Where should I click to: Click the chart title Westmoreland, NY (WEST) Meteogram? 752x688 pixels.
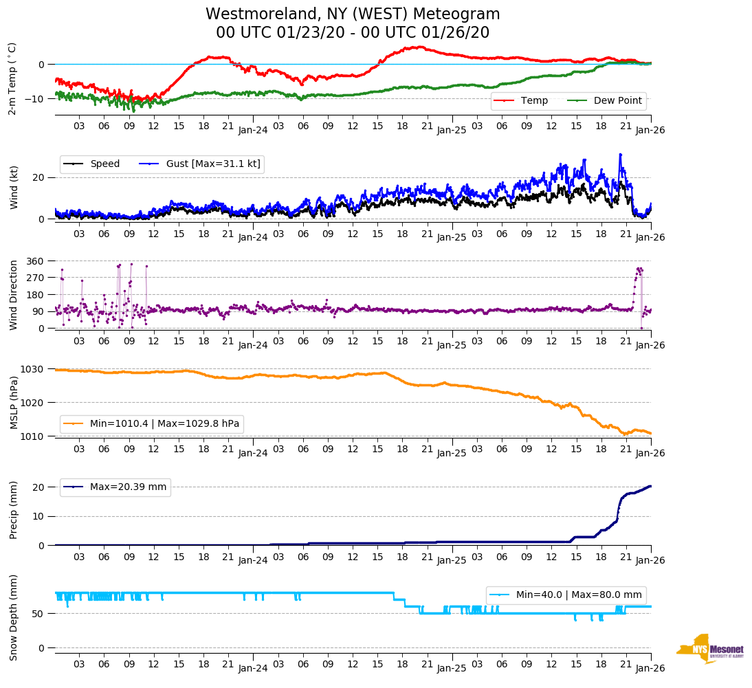353,14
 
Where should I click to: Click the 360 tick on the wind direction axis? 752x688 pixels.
36,261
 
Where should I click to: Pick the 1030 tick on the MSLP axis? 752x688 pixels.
33,369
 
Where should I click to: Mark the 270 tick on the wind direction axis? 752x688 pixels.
36,278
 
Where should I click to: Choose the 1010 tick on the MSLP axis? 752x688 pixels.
33,436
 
